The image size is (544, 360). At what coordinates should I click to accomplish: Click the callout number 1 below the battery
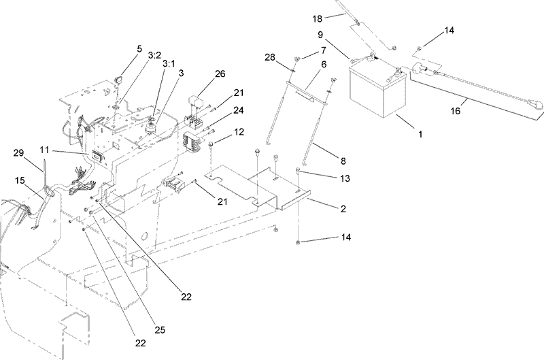coord(420,135)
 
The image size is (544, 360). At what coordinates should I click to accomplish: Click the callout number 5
coord(139,49)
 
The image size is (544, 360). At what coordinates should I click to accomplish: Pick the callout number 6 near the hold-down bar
coord(324,65)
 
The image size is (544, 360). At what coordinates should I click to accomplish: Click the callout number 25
coord(160,329)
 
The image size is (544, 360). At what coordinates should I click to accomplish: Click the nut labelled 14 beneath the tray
coord(299,243)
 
